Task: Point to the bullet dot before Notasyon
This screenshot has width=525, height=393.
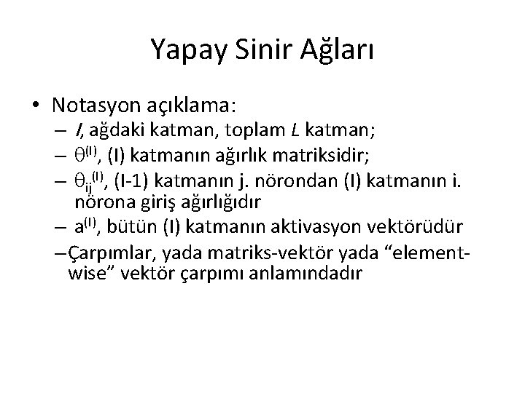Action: [36, 106]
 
